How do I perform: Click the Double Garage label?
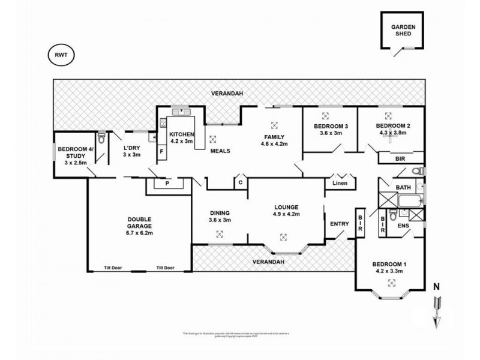coord(139,223)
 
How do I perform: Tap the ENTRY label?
coord(339,224)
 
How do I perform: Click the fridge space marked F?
coord(160,151)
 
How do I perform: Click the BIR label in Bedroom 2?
coord(400,158)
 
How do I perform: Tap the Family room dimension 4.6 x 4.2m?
coord(274,144)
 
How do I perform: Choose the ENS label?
coord(403,226)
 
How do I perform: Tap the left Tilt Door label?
coord(113,268)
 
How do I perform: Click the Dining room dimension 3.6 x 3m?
coord(219,220)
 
